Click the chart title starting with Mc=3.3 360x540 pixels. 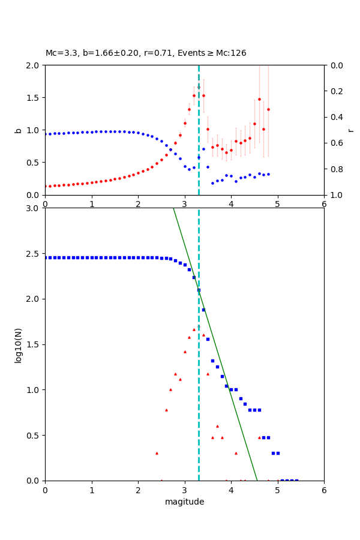click(146, 53)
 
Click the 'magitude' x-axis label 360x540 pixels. click(184, 502)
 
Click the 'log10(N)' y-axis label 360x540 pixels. click(18, 344)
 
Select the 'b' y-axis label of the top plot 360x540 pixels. click(18, 130)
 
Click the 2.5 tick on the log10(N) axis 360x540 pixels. click(34, 253)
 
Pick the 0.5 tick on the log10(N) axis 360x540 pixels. click(34, 435)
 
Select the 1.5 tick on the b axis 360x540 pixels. click(34, 98)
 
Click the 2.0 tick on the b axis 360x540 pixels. click(34, 65)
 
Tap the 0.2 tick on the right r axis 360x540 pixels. click(333, 91)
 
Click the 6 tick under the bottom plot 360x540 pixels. click(324, 490)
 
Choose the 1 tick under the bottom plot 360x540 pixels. click(92, 490)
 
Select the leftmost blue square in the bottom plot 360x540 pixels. click(46, 257)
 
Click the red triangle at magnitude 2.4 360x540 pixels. click(157, 453)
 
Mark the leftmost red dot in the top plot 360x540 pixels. click(46, 186)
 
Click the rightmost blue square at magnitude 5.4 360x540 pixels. click(296, 480)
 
